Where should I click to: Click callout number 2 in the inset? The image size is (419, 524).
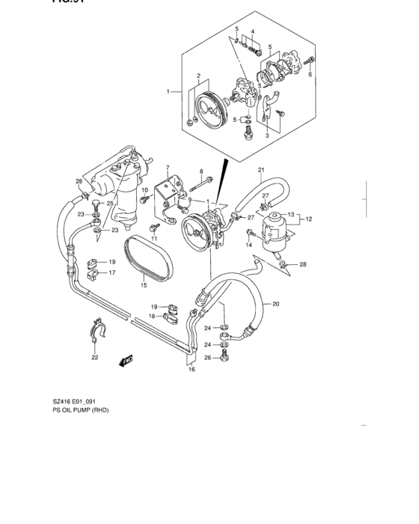pos(199,76)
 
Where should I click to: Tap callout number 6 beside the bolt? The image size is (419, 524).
pos(310,74)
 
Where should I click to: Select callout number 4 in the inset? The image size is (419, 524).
pos(252,32)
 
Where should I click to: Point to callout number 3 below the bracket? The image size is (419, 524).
pos(266,135)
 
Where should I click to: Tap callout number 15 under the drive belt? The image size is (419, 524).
pos(144,284)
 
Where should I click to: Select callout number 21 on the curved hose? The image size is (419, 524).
pos(261,170)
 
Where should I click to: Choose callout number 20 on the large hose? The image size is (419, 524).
pos(275,305)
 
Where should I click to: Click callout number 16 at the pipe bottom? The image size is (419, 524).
pos(192,369)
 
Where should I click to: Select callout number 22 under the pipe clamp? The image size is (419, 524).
pos(94,358)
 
